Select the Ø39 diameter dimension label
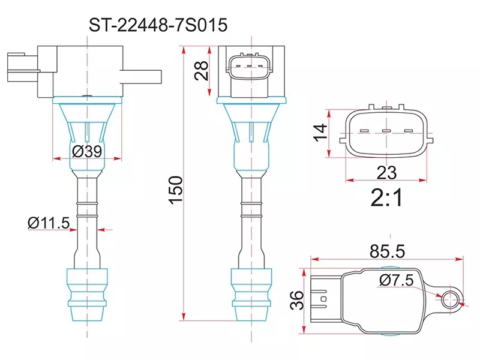pyautogui.click(x=86, y=152)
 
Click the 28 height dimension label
pyautogui.click(x=202, y=70)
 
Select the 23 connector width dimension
pyautogui.click(x=387, y=173)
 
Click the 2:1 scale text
pyautogui.click(x=387, y=199)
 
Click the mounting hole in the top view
pyautogui.click(x=450, y=297)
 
